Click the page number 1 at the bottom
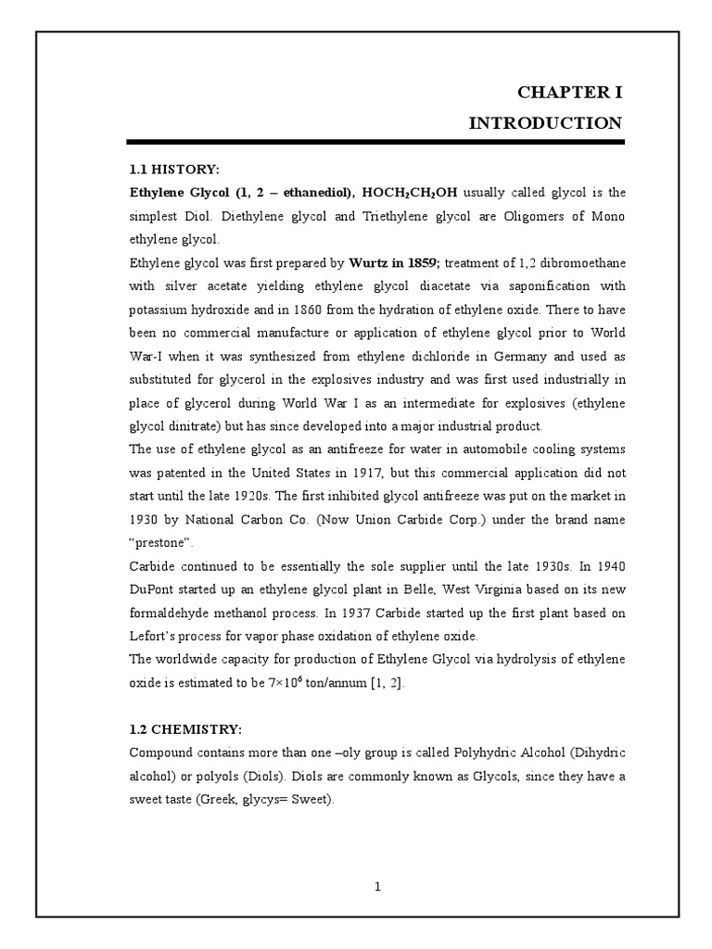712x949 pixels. point(377,886)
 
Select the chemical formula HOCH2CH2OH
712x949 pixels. point(407,193)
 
